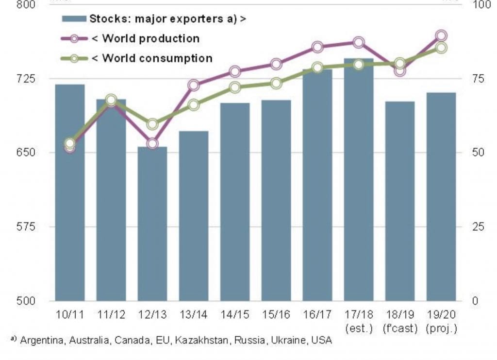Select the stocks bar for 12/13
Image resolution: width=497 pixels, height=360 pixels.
[152, 223]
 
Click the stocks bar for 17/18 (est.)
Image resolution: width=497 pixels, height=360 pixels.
[359, 180]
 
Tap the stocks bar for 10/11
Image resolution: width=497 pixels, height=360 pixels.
[70, 192]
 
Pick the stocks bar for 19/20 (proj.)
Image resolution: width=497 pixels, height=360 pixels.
[441, 196]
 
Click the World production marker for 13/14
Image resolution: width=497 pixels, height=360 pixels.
[194, 86]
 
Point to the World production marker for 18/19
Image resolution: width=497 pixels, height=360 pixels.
[400, 71]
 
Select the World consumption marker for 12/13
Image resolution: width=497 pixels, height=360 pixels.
[152, 124]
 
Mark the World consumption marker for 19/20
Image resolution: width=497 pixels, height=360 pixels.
[441, 48]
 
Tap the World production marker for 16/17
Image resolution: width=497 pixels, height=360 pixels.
[317, 47]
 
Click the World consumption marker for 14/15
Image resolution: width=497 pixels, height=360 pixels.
[235, 87]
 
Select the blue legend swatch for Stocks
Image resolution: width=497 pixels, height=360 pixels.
[74, 19]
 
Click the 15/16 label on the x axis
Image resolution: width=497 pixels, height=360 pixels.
[276, 315]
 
